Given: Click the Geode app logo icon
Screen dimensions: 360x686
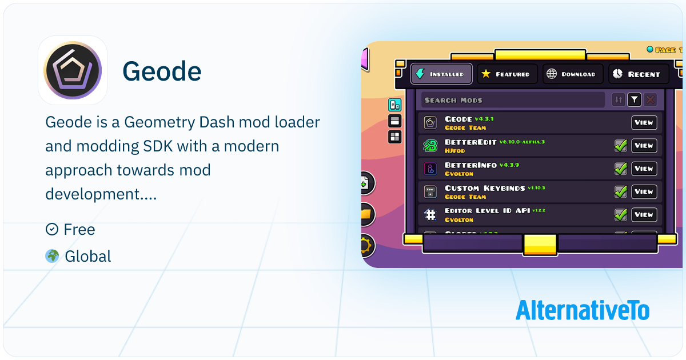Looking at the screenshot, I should pos(73,70).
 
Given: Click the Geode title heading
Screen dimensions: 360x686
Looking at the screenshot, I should pos(162,71).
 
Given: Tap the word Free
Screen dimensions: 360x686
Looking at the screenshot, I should pos(79,230).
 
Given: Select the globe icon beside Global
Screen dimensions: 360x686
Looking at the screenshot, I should pos(52,256).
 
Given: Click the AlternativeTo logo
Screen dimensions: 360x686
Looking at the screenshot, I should pos(583,310).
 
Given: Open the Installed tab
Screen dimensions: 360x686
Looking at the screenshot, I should pos(441,74).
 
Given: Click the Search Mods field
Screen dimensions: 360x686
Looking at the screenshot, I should pos(512,100).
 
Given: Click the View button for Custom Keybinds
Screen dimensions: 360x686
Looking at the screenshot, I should pos(644,192).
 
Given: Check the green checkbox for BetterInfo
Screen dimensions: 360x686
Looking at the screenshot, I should pos(620,169).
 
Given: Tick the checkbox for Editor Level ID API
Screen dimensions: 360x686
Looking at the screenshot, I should pos(620,215).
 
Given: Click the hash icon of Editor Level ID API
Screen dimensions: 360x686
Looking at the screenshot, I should pos(430,215).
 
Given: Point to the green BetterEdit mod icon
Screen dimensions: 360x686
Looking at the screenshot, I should pos(430,146).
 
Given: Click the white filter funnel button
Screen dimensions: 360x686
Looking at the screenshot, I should pos(634,100).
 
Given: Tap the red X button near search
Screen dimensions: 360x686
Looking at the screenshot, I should pos(650,100).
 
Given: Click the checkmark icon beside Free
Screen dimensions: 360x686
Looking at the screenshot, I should pos(51,230).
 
